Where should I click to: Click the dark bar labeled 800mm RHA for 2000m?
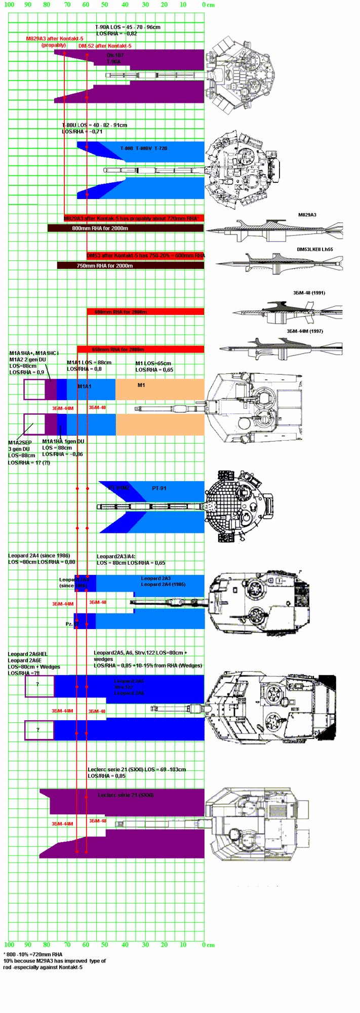point(126,228)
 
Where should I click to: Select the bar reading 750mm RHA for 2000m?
point(131,265)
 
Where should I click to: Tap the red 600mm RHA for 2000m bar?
point(145,312)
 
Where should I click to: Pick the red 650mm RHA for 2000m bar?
point(141,349)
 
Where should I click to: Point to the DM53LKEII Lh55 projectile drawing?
point(279,263)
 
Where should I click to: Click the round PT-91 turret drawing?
point(240,506)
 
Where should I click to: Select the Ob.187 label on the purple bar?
point(115,55)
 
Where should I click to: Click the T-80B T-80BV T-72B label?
point(143,148)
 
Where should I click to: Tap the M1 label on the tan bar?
point(142,385)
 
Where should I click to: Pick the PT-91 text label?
point(159,488)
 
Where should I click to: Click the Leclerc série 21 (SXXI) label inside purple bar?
point(126,795)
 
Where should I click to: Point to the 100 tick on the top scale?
point(10,5)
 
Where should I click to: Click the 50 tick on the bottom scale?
point(104,945)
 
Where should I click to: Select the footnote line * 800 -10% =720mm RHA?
point(33,954)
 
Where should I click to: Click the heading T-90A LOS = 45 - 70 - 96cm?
point(128,27)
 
